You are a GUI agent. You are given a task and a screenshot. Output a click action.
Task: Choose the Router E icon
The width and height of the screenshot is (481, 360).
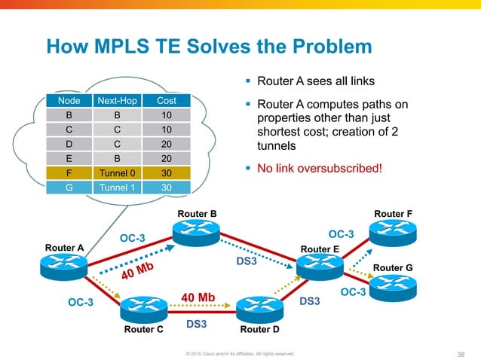[x=320, y=265]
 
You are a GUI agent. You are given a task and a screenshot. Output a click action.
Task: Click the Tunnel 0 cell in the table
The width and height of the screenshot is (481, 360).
[x=115, y=172]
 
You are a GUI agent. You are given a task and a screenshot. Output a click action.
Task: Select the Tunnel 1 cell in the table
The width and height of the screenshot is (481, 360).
[x=115, y=187]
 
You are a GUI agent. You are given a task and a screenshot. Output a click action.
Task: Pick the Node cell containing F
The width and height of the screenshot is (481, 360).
[x=69, y=172]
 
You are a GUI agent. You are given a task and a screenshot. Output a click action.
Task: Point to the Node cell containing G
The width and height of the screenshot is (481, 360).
[x=69, y=187]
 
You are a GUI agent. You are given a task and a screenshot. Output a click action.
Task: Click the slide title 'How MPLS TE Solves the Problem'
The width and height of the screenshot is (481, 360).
[x=209, y=47]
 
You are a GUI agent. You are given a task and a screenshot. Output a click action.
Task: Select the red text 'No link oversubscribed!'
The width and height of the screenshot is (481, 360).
[x=320, y=168]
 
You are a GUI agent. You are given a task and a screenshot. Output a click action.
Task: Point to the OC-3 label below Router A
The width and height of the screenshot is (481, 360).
[x=81, y=303]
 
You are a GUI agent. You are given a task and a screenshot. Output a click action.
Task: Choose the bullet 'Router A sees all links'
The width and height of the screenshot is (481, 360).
[x=311, y=81]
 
